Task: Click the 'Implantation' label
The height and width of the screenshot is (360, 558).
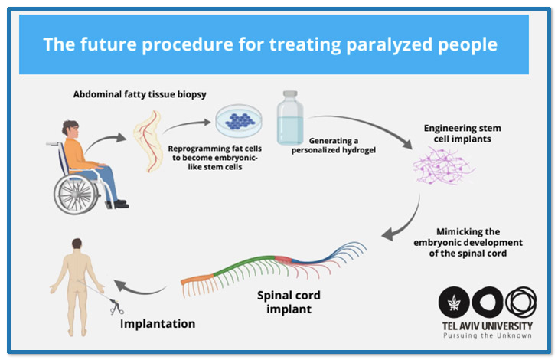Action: click(x=158, y=323)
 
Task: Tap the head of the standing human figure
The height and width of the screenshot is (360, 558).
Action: click(x=75, y=246)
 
